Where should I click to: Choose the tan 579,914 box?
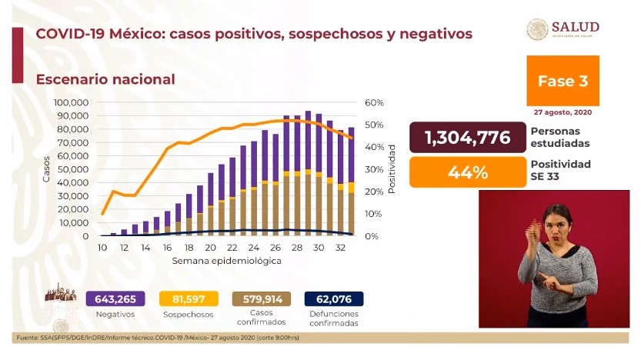pyautogui.click(x=260, y=298)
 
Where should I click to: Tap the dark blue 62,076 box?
pyautogui.click(x=333, y=298)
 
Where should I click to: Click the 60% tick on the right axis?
pyautogui.click(x=374, y=102)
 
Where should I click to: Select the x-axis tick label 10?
pyautogui.click(x=102, y=248)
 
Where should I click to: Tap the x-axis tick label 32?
pyautogui.click(x=339, y=248)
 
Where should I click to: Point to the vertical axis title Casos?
pyautogui.click(x=45, y=168)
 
